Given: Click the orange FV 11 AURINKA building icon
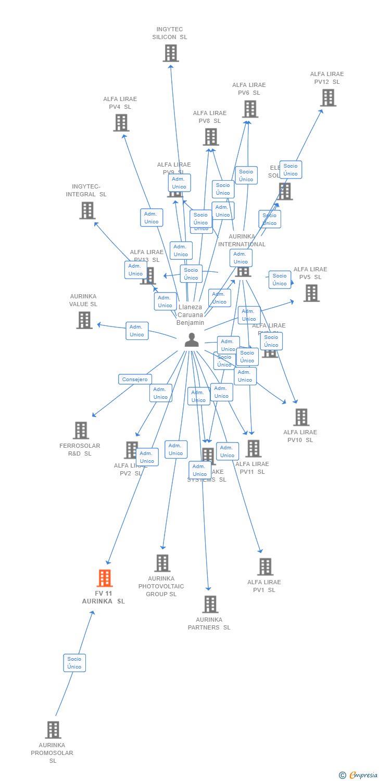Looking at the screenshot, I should (x=105, y=578).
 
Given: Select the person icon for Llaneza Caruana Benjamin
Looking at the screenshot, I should (x=192, y=339).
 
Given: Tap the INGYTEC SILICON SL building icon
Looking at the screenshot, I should (x=170, y=53).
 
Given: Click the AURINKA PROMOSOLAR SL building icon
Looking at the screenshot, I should (x=53, y=729).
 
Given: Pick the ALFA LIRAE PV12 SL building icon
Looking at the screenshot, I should (x=327, y=97).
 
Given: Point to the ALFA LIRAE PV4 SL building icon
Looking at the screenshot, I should (x=121, y=123).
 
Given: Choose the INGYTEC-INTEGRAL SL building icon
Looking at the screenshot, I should (x=87, y=210).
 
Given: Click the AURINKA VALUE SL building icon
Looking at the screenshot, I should (x=84, y=320).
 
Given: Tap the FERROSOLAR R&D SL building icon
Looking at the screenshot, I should (x=81, y=430).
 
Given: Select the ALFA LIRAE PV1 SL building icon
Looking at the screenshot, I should (x=265, y=566).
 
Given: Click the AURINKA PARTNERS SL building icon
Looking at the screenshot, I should (x=210, y=604).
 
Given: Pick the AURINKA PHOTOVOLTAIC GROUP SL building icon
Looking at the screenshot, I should (x=162, y=563).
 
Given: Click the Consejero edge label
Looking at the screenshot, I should (x=135, y=380).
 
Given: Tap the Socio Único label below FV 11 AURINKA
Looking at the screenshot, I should (x=74, y=663).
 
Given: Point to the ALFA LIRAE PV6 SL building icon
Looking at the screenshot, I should (x=250, y=109).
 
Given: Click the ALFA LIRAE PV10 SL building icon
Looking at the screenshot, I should (x=301, y=417).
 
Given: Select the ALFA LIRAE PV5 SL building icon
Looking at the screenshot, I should (x=311, y=293).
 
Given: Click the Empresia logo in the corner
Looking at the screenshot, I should (x=359, y=775).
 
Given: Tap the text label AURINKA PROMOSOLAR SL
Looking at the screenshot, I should (x=52, y=753).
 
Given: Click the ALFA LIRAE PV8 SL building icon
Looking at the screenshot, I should (x=210, y=137).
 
